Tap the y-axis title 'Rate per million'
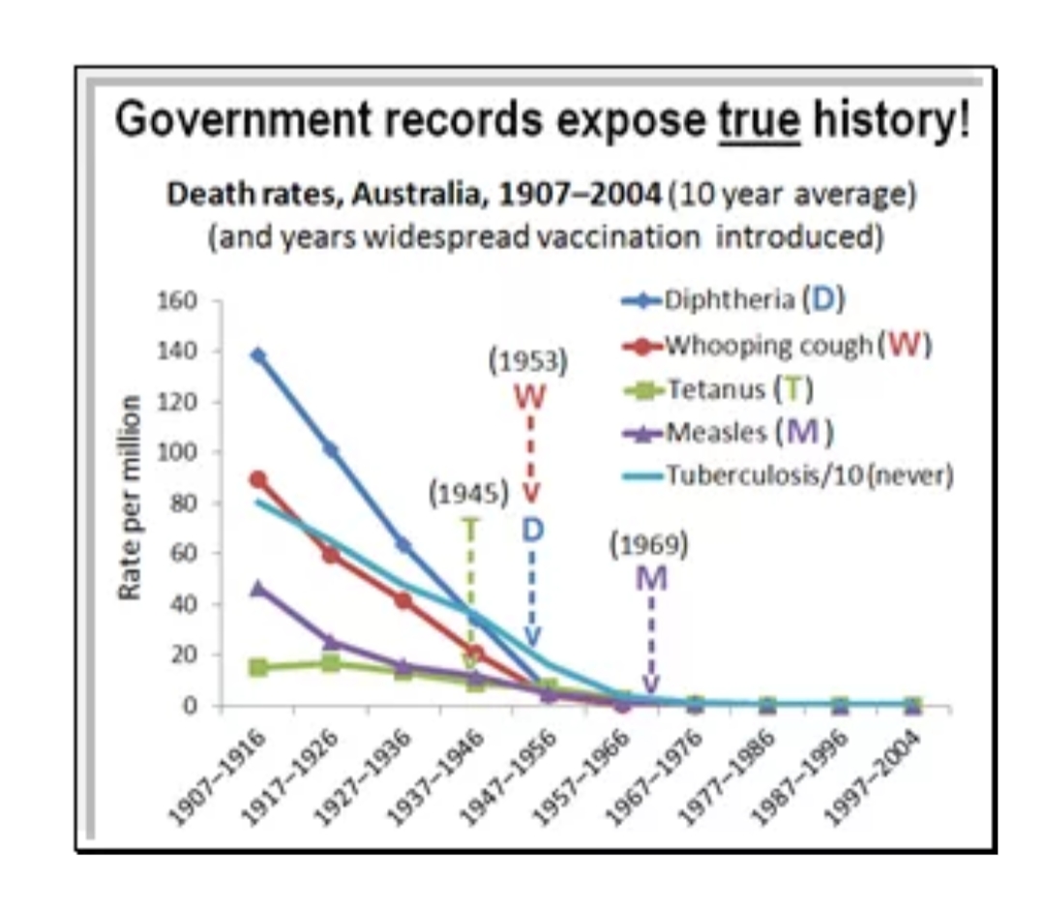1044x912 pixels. pyautogui.click(x=132, y=497)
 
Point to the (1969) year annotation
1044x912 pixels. pyautogui.click(x=648, y=545)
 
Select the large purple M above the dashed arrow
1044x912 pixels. pyautogui.click(x=651, y=578)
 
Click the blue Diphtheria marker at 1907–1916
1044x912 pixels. pyautogui.click(x=257, y=355)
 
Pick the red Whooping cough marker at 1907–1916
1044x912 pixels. pyautogui.click(x=257, y=479)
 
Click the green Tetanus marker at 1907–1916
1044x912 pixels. pyautogui.click(x=257, y=667)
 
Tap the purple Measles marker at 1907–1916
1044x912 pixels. pyautogui.click(x=257, y=588)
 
